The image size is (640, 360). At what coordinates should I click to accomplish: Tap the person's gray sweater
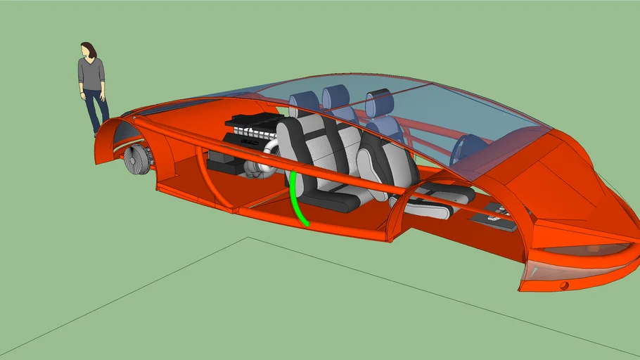(x=91, y=73)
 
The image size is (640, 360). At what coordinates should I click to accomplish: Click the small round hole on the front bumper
(x=564, y=285)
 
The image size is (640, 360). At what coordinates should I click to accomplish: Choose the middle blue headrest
(x=336, y=96)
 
